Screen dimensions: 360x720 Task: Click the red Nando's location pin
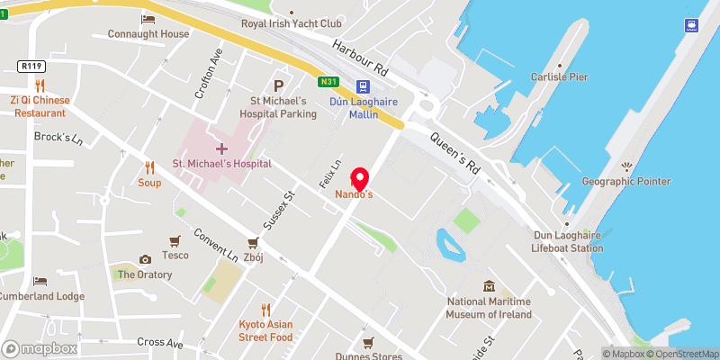click(360, 178)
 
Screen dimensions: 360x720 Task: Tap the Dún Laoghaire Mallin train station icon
click(362, 87)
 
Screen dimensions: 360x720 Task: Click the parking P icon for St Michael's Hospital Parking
click(279, 85)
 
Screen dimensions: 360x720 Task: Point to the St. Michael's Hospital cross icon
click(221, 148)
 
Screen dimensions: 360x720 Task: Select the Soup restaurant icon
click(149, 166)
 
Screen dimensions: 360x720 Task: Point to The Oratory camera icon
click(145, 259)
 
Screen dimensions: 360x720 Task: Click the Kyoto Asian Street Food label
click(265, 330)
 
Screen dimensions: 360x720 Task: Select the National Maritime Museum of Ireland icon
click(489, 286)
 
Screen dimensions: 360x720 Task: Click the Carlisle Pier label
click(559, 77)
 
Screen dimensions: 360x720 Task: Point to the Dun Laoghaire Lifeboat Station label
click(567, 240)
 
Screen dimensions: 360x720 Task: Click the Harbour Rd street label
click(359, 57)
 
